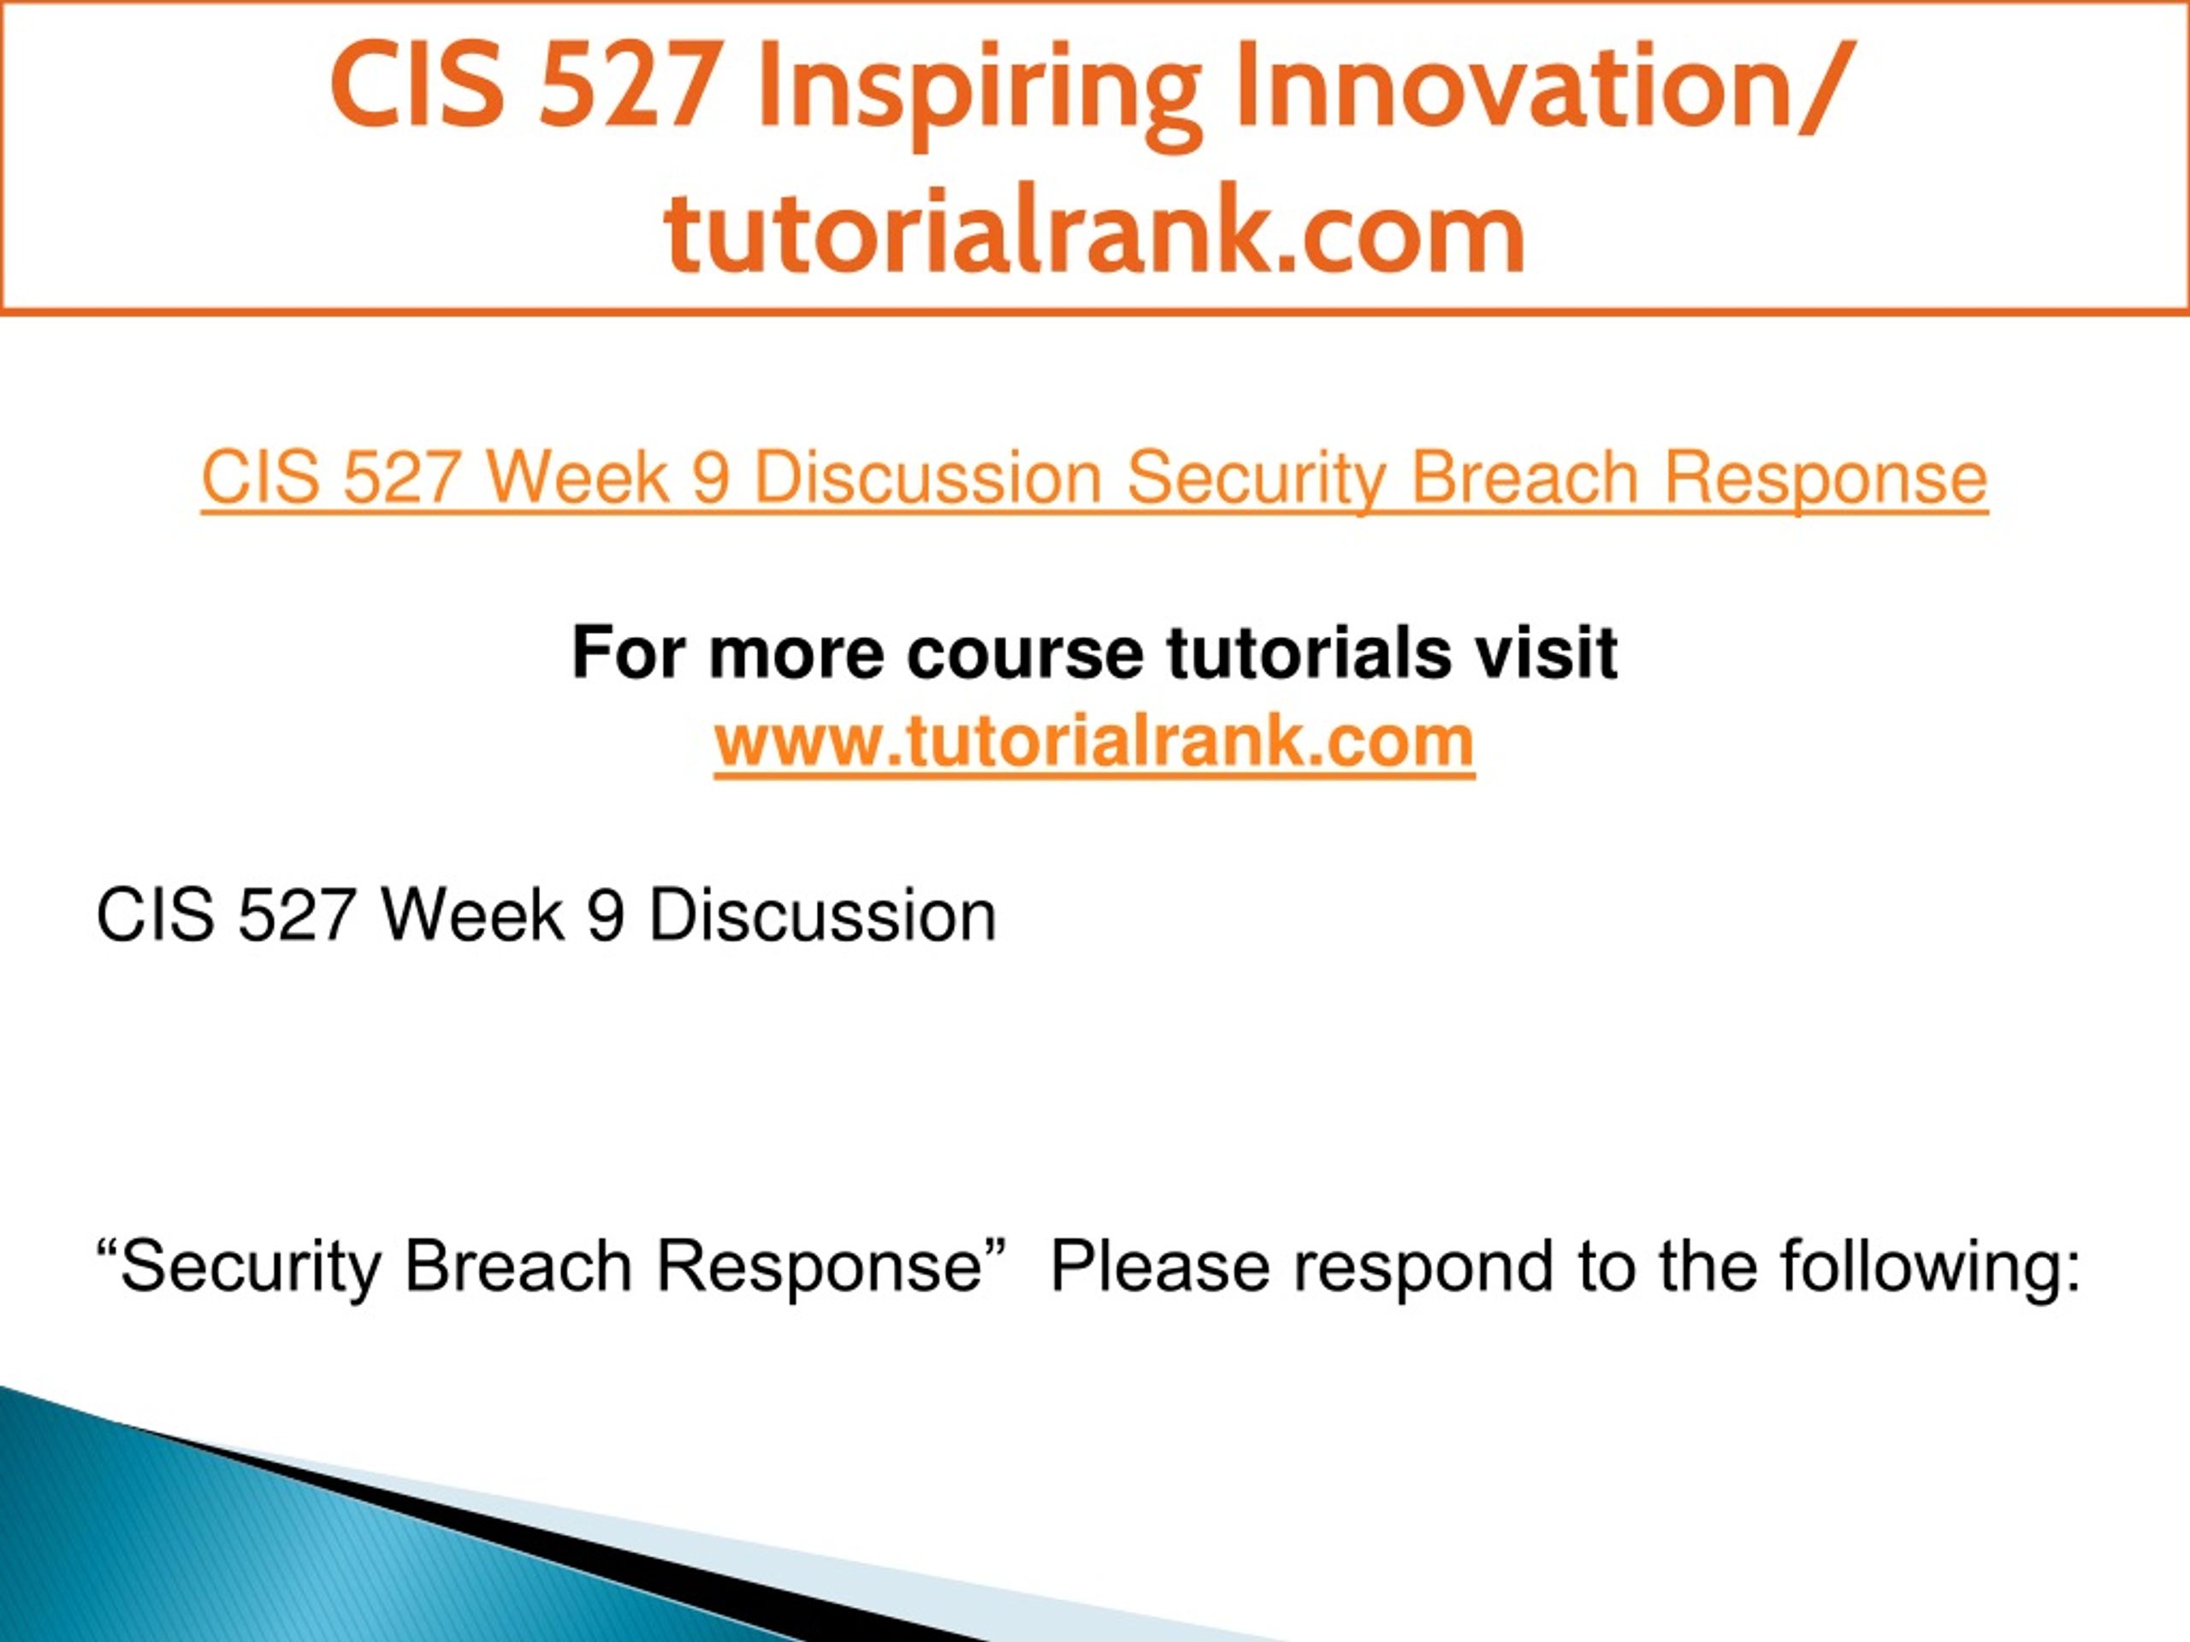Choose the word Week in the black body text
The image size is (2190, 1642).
coord(473,916)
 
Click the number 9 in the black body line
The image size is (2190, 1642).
coord(606,916)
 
